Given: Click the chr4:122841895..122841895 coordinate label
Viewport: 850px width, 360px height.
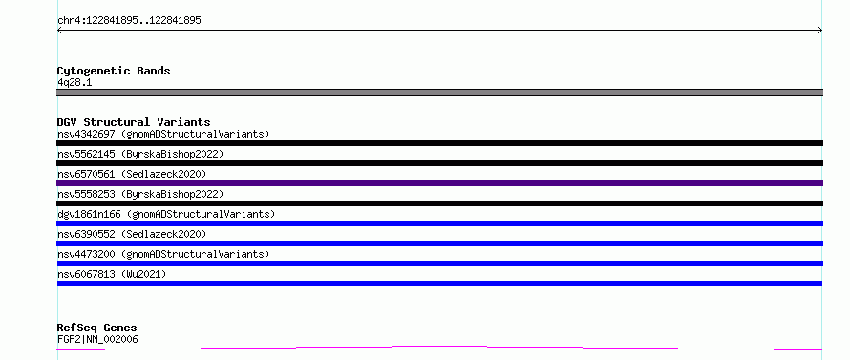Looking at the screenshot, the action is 129,21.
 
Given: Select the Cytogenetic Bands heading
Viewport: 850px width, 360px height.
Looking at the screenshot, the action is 114,71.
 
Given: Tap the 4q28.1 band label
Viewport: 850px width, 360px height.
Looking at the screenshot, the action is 74,82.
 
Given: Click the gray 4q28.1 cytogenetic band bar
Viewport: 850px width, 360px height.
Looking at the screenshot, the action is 439,93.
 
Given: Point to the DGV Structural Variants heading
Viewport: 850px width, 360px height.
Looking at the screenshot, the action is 134,122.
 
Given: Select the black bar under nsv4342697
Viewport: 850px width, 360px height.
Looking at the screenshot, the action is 439,143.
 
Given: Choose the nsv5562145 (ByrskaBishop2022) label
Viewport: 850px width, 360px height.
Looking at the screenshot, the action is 140,154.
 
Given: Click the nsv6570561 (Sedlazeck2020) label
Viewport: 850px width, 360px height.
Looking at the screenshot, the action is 132,174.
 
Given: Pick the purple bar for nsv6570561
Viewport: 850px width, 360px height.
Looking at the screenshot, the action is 439,183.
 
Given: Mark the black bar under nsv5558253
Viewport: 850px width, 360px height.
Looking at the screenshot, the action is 439,203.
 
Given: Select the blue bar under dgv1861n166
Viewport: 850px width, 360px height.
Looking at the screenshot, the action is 439,223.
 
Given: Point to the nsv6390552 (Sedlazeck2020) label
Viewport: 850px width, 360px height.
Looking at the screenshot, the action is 132,234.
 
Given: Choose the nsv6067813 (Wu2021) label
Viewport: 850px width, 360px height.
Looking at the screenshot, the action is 112,274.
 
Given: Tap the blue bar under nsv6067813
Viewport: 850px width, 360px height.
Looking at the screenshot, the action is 439,284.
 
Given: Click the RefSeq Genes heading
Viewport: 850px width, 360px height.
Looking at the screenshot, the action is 96,328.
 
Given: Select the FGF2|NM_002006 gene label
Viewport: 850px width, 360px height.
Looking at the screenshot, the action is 97,339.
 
